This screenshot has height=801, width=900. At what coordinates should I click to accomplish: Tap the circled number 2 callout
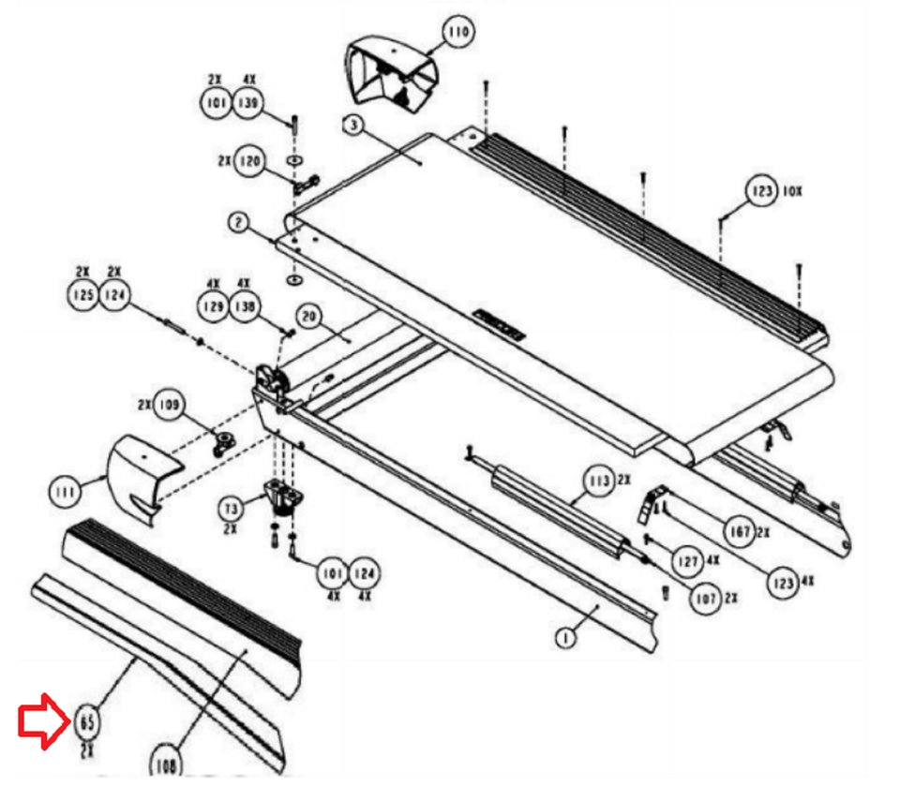pyautogui.click(x=239, y=222)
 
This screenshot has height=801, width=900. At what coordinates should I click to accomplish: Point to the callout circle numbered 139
pyautogui.click(x=248, y=102)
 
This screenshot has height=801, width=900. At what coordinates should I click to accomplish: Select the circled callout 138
pyautogui.click(x=244, y=306)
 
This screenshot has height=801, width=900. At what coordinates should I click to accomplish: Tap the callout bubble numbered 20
pyautogui.click(x=310, y=316)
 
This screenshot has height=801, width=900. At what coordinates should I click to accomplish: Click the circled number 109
pyautogui.click(x=170, y=404)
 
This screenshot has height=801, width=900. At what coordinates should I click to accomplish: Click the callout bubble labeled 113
pyautogui.click(x=596, y=482)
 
